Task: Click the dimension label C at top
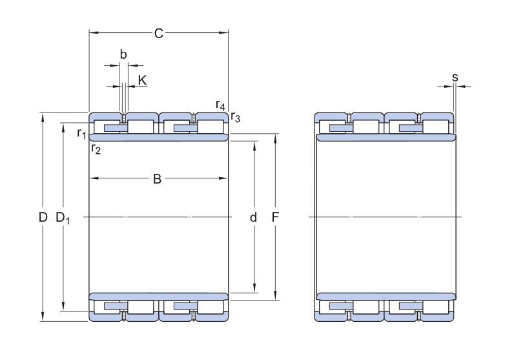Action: [x=159, y=34]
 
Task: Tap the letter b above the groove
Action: [x=123, y=54]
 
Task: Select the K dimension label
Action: [x=142, y=80]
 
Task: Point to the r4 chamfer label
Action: [x=220, y=105]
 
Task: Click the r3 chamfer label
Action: [x=236, y=118]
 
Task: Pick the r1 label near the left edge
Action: [x=81, y=133]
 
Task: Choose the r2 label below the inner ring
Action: [x=96, y=149]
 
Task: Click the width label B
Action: [x=157, y=179]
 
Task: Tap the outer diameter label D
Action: [x=43, y=217]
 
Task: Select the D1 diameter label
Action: [x=63, y=218]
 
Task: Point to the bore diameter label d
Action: [x=253, y=218]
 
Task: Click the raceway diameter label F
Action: [x=275, y=218]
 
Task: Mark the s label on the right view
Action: [x=455, y=78]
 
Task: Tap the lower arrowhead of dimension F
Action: [x=275, y=295]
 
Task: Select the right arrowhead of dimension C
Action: [x=223, y=32]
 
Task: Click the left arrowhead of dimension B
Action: [x=94, y=178]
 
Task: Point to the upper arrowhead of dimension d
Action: [x=254, y=145]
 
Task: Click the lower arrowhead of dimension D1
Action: [x=63, y=306]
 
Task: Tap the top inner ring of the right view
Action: [x=386, y=138]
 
